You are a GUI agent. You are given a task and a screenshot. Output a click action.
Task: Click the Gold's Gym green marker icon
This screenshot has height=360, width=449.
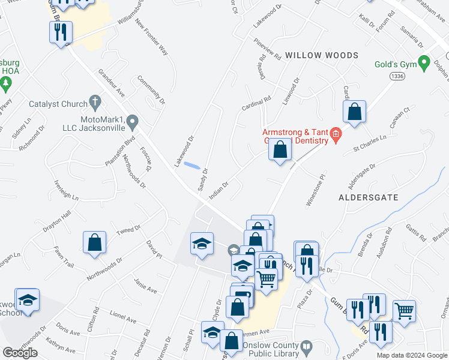pyautogui.click(x=424, y=62)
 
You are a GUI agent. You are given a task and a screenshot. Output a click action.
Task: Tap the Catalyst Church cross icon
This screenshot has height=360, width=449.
pyautogui.click(x=94, y=101)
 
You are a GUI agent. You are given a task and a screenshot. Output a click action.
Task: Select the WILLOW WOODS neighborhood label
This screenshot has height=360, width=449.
pyautogui.click(x=321, y=55)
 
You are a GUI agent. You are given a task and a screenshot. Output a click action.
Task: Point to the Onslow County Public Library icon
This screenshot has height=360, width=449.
pyautogui.click(x=306, y=347)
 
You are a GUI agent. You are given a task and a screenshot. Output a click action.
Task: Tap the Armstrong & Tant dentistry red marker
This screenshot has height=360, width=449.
pyautogui.click(x=336, y=134)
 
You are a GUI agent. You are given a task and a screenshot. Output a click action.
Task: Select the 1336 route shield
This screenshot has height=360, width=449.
pyautogui.click(x=396, y=76)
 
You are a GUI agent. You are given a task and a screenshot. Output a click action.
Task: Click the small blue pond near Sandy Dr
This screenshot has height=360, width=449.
pyautogui.click(x=192, y=165)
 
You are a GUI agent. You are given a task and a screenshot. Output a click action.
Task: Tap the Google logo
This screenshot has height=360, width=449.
pyautogui.click(x=20, y=353)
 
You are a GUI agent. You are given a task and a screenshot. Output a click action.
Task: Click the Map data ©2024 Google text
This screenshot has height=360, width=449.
pyautogui.click(x=412, y=355)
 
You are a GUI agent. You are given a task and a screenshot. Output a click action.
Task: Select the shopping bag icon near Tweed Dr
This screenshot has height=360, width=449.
pyautogui.click(x=95, y=244)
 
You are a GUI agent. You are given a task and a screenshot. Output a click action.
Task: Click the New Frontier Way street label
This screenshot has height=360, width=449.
pyautogui.click(x=152, y=37)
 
